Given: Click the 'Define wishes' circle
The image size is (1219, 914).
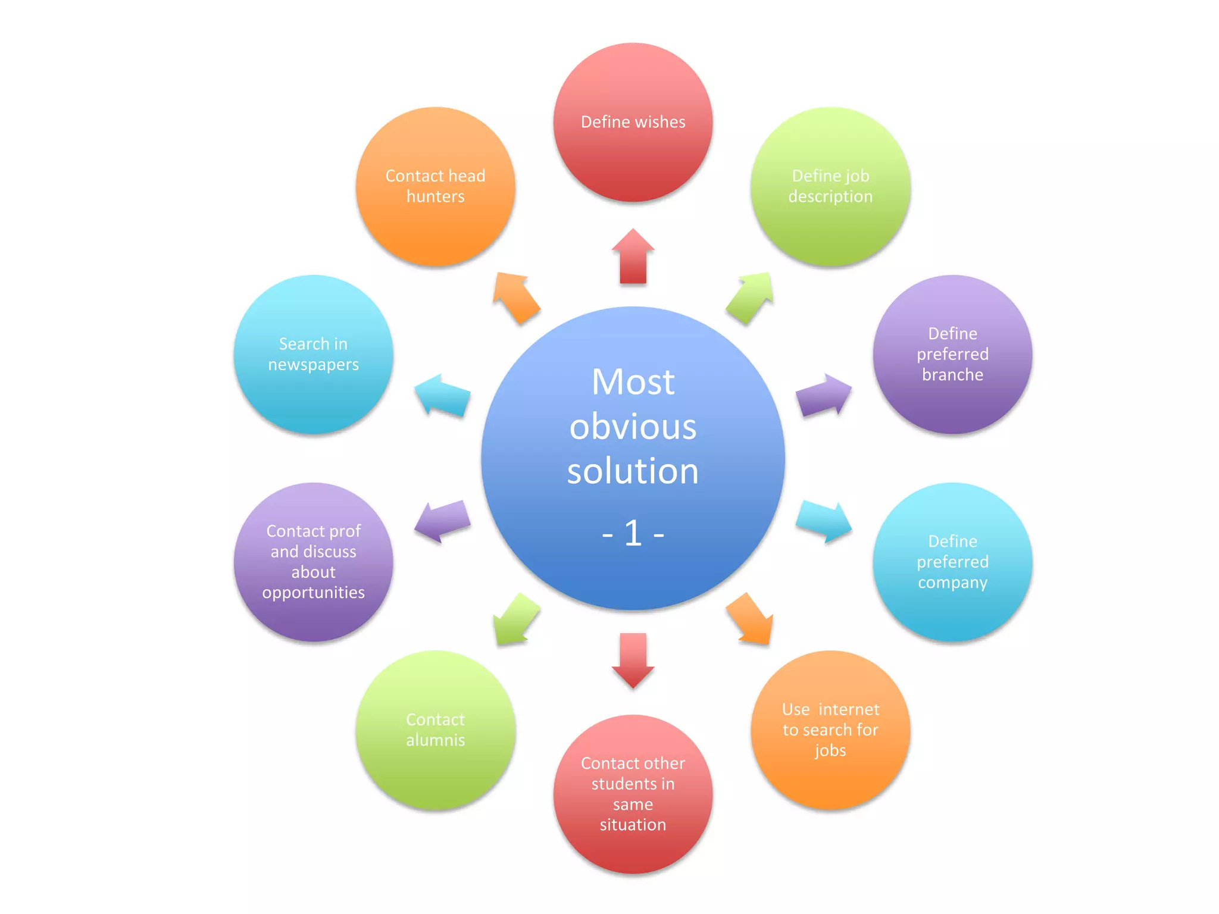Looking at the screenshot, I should [633, 123].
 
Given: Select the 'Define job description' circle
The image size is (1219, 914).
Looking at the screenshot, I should [830, 186].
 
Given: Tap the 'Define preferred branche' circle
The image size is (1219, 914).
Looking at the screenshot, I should [952, 354].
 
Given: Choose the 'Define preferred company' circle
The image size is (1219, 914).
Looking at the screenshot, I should [952, 562].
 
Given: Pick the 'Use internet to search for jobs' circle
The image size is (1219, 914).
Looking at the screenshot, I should [830, 730].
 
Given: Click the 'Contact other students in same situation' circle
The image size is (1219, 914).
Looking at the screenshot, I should [633, 794].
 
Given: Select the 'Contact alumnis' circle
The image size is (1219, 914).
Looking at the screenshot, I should [435, 730].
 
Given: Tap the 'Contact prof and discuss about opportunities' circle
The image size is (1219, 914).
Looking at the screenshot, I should [314, 562].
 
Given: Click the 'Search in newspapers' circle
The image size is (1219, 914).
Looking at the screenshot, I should [314, 354].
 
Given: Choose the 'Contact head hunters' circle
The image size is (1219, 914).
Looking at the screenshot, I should [435, 186].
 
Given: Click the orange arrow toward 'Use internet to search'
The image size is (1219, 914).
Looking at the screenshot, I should [751, 619].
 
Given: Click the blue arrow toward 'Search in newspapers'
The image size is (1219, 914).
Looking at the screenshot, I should [442, 396].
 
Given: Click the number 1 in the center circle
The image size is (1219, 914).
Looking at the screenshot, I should [633, 533].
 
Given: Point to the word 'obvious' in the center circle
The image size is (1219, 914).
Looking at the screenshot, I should [633, 427].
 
